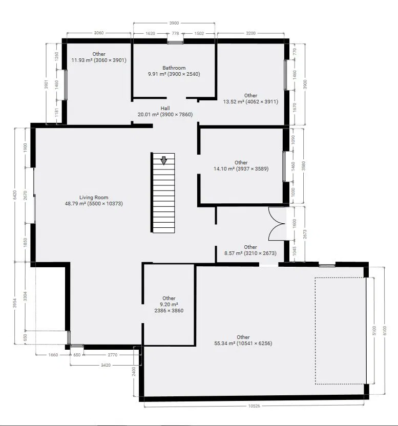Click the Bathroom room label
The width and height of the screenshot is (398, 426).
[174, 68]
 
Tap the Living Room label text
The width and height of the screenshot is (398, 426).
[94, 198]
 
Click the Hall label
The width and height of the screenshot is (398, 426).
[165, 108]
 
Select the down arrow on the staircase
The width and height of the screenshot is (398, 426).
[164, 160]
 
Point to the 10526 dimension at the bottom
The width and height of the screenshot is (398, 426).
[254, 406]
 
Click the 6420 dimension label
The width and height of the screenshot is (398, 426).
[15, 195]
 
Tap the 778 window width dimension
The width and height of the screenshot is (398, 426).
[175, 33]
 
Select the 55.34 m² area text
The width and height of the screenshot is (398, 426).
[224, 344]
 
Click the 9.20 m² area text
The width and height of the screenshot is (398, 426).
[169, 304]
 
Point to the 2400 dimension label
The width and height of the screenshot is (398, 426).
[134, 371]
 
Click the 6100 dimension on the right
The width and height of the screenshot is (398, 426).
[385, 330]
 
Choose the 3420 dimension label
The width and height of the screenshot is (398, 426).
[106, 365]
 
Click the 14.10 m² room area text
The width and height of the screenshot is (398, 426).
[224, 169]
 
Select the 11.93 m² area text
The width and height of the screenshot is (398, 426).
[81, 60]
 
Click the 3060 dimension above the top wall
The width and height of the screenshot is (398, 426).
[99, 33]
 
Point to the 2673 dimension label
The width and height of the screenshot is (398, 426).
[304, 234]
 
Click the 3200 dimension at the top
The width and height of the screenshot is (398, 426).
[250, 33]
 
